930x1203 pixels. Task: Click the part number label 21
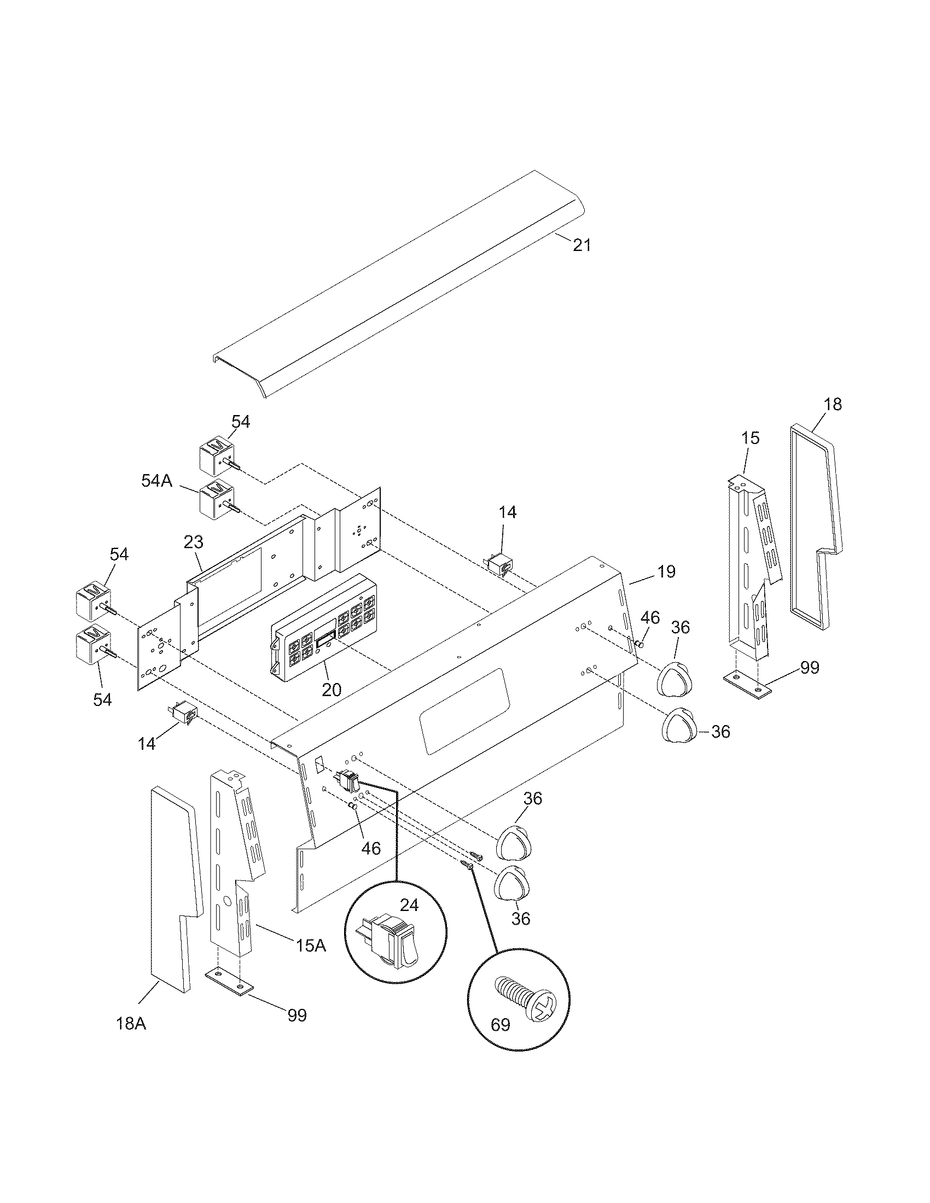click(x=582, y=245)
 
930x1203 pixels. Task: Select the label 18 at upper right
click(x=833, y=404)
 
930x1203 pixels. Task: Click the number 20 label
click(x=332, y=689)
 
